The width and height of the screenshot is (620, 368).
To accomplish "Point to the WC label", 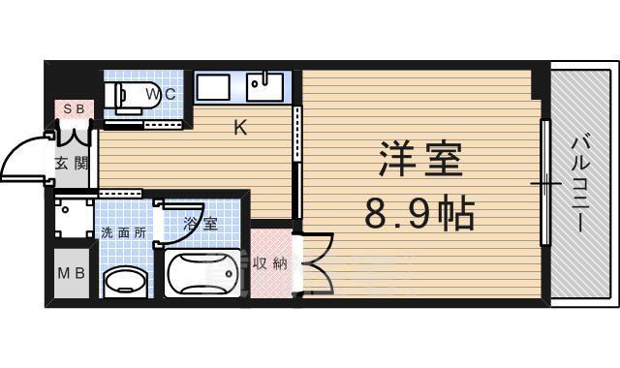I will (x=161, y=93).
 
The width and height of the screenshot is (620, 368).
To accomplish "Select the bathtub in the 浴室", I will (x=202, y=275).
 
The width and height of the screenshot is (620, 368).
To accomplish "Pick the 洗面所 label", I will (x=123, y=233).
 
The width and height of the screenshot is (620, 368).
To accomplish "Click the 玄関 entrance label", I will (x=67, y=163).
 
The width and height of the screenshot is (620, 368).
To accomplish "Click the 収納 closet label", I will (x=270, y=262).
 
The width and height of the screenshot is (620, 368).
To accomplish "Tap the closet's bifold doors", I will (x=318, y=262).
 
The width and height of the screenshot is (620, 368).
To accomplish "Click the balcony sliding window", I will (x=545, y=182).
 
